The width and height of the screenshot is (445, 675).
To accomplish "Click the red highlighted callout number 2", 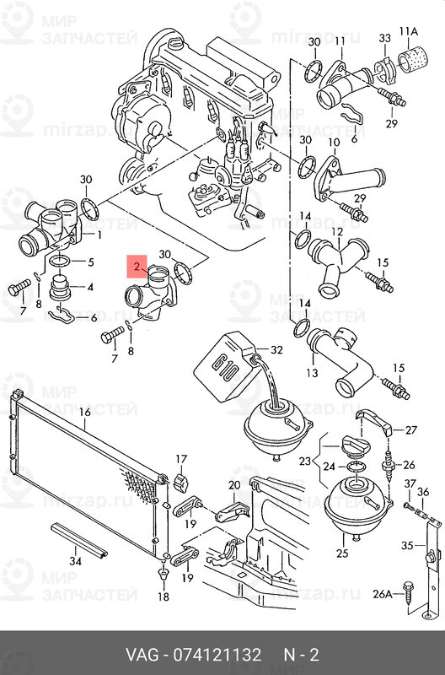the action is pyautogui.click(x=137, y=266).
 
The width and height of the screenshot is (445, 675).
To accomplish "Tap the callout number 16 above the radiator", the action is pyautogui.click(x=85, y=412).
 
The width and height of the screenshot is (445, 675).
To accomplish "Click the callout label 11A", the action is pyautogui.click(x=409, y=31).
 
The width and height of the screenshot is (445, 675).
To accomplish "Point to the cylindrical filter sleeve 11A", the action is pyautogui.click(x=410, y=61).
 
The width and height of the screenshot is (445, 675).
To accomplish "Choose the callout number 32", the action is pyautogui.click(x=276, y=350).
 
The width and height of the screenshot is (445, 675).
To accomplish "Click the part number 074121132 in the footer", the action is pyautogui.click(x=217, y=655).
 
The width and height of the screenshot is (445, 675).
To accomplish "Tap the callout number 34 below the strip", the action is pyautogui.click(x=75, y=561).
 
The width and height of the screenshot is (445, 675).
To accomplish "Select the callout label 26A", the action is pyautogui.click(x=383, y=595).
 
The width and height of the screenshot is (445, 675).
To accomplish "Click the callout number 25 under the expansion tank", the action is pyautogui.click(x=342, y=553).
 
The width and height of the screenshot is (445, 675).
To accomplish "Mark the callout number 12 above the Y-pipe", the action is pyautogui.click(x=338, y=232).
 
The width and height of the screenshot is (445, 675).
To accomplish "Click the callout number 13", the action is pyautogui.click(x=312, y=372).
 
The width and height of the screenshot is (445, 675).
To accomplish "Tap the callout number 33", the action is pyautogui.click(x=385, y=38).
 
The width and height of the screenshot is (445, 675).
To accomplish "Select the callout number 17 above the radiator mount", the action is pyautogui.click(x=181, y=459).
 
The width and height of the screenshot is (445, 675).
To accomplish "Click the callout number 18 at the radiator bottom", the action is pyautogui.click(x=164, y=597).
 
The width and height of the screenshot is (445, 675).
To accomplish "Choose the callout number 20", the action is pyautogui.click(x=234, y=486).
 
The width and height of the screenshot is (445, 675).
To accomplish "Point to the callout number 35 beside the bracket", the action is pyautogui.click(x=407, y=545).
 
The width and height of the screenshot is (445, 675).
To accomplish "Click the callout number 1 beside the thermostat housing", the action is pyautogui.click(x=99, y=235).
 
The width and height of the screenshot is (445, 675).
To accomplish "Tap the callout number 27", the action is pyautogui.click(x=411, y=430).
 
